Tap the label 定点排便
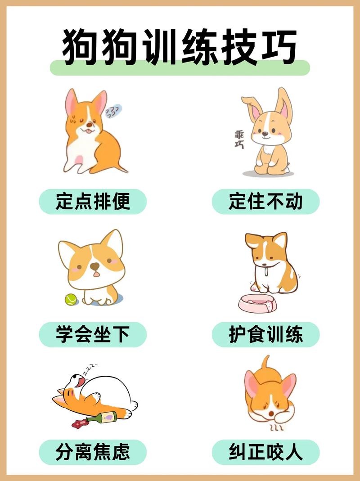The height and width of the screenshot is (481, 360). coord(93,202)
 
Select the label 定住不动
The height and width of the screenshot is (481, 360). coord(265,202)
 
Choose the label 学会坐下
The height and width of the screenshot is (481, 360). coord(93,334)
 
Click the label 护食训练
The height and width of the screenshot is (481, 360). coord(265,334)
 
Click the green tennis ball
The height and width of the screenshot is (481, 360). coord(71,299)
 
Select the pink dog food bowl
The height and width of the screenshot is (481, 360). coord(258,304)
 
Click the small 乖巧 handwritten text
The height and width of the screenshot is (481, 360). coord(239,139)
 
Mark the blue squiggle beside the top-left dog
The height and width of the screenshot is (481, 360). coord(114,111)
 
